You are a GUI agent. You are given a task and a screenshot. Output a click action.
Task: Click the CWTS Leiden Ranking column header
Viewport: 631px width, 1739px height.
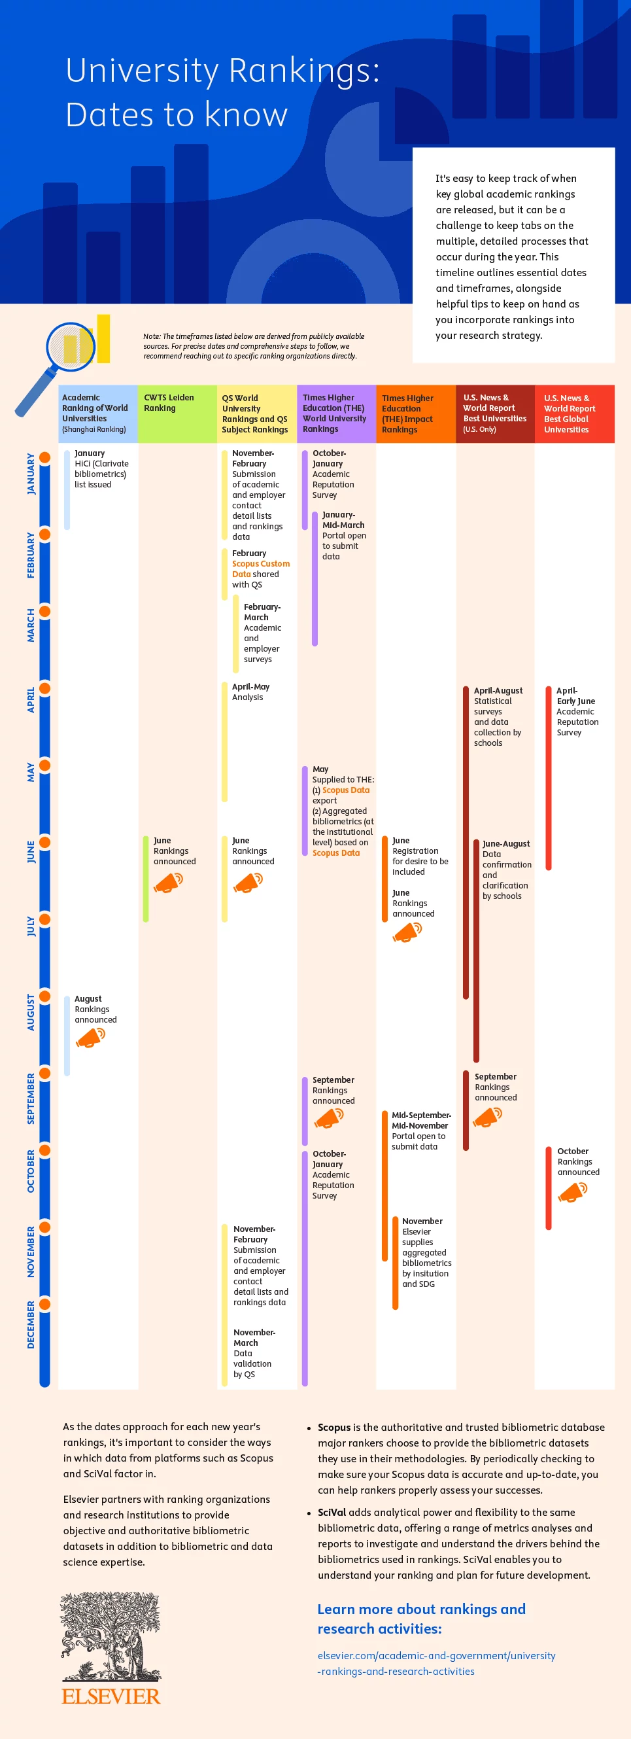pyautogui.click(x=169, y=403)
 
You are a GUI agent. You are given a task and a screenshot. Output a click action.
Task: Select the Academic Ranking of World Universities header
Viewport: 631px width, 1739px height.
pyautogui.click(x=95, y=413)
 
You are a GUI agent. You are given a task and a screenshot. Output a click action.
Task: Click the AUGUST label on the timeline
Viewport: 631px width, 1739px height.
pyautogui.click(x=30, y=1011)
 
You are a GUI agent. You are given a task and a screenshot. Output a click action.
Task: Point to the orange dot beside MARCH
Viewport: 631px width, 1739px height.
pyautogui.click(x=44, y=611)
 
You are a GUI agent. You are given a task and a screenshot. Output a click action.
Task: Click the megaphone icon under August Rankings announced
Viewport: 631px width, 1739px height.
pyautogui.click(x=90, y=1038)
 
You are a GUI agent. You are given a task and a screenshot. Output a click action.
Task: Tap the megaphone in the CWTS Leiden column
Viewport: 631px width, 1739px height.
pyautogui.click(x=168, y=882)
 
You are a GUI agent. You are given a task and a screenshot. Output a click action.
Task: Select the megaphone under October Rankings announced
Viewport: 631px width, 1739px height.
pyautogui.click(x=572, y=1193)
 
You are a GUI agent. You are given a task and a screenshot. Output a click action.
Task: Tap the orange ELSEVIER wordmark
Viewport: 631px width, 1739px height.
pyautogui.click(x=111, y=1696)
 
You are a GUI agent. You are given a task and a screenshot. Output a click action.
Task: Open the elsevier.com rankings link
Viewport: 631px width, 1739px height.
pyautogui.click(x=436, y=1663)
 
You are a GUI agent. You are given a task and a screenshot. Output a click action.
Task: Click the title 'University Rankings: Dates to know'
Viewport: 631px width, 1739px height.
pyautogui.click(x=222, y=92)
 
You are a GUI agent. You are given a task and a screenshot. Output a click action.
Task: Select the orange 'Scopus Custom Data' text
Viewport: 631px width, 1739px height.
pyautogui.click(x=260, y=569)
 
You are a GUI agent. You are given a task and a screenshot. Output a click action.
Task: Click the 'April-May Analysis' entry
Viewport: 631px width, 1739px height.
pyautogui.click(x=250, y=692)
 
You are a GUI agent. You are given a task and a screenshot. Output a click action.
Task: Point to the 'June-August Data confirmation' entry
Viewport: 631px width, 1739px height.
pyautogui.click(x=505, y=869)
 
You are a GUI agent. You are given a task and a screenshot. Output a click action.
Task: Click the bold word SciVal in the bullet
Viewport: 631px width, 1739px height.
pyautogui.click(x=332, y=1512)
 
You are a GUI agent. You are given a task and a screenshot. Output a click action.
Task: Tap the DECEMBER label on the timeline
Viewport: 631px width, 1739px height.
pyautogui.click(x=30, y=1324)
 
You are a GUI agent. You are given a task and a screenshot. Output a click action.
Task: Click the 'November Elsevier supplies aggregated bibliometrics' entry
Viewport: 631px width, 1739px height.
pyautogui.click(x=426, y=1252)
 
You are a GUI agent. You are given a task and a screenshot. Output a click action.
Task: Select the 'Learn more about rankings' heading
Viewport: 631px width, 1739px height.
pyautogui.click(x=421, y=1618)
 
